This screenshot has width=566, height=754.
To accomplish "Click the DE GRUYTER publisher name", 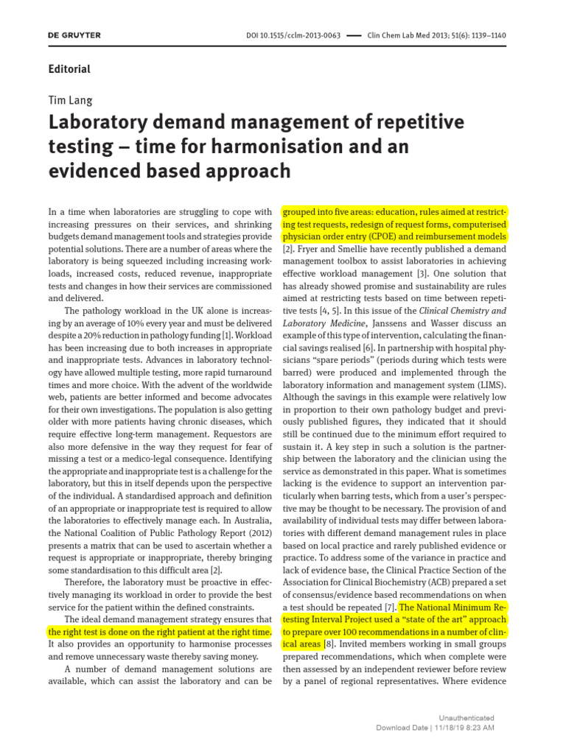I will pos(74,35).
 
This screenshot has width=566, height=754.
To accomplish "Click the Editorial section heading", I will pos(69,69).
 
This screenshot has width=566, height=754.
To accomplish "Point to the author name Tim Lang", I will pos(70,100).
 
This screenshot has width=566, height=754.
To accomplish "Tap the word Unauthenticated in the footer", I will pos(466,717).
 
